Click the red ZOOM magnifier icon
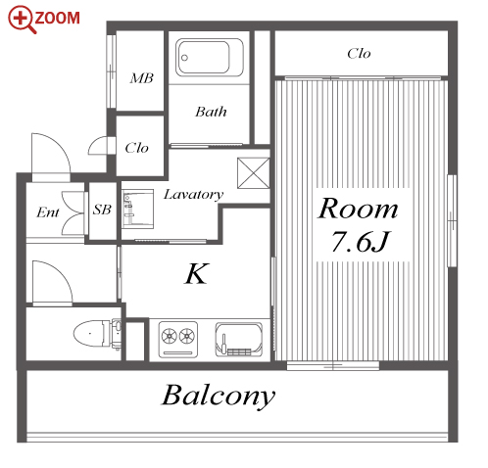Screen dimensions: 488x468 pyautogui.click(x=21, y=19)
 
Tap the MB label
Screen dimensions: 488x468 pyautogui.click(x=141, y=78)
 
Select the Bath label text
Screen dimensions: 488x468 pyautogui.click(x=211, y=112)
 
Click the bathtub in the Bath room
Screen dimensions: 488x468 pyautogui.click(x=210, y=58)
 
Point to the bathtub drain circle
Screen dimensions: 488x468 pyautogui.click(x=184, y=58)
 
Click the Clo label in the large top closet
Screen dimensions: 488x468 pyautogui.click(x=359, y=54)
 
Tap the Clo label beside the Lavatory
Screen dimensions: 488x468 pyautogui.click(x=137, y=148)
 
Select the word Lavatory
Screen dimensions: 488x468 pyautogui.click(x=194, y=195)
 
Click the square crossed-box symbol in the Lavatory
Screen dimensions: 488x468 pyautogui.click(x=254, y=173)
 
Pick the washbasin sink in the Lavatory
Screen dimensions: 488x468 pyautogui.click(x=137, y=209)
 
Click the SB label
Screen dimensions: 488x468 pyautogui.click(x=102, y=210)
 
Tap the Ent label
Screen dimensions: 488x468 pyautogui.click(x=48, y=212)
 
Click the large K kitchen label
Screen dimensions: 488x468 pyautogui.click(x=196, y=274)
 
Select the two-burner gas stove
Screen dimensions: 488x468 pyautogui.click(x=178, y=340)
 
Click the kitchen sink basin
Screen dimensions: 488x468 pyautogui.click(x=239, y=340)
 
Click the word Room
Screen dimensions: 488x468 pyautogui.click(x=359, y=209)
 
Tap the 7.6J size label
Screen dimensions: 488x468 pyautogui.click(x=361, y=242)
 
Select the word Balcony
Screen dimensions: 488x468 pyautogui.click(x=219, y=397)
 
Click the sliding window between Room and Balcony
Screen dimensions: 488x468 pyautogui.click(x=333, y=366)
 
